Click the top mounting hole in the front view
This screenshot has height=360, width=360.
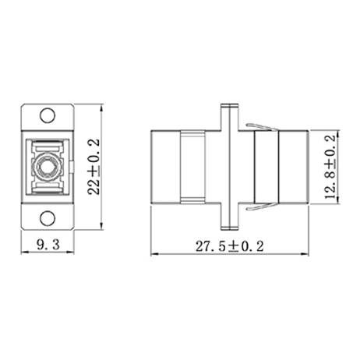pyautogui.click(x=48, y=117)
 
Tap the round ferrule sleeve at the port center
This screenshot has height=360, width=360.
pyautogui.click(x=42, y=167)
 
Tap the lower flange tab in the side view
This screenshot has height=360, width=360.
pyautogui.click(x=228, y=226)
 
